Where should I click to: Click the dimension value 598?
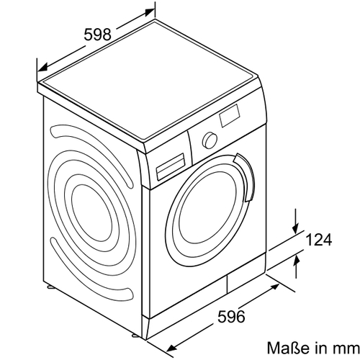[x=98, y=35]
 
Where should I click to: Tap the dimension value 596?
[x=231, y=316]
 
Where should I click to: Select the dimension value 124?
[x=319, y=240]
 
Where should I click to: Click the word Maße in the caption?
[x=288, y=347]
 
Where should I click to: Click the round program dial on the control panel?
[x=210, y=140]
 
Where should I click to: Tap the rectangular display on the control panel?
[x=230, y=115]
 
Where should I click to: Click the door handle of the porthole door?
[x=245, y=177]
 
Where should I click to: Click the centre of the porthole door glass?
[x=207, y=211]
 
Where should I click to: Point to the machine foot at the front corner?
[x=135, y=335]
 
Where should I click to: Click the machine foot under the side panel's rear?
[x=51, y=287]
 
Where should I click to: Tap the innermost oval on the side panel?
[x=92, y=214]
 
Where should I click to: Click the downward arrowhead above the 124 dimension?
[x=296, y=228]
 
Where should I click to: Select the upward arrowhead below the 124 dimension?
[x=297, y=261]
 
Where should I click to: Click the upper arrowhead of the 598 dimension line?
[x=149, y=12]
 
